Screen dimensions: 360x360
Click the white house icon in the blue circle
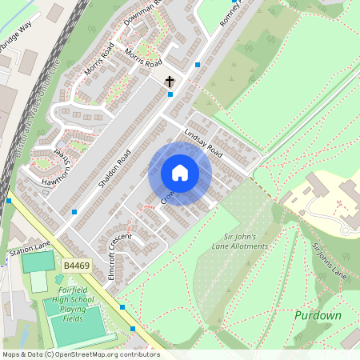pos(180,173)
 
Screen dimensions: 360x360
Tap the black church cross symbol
pos(170,82)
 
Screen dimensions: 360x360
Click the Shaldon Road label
pos(114,168)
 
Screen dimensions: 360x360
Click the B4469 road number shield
pos(74,264)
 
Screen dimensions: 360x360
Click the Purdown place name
pos(318,315)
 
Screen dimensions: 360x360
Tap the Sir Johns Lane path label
pos(329,260)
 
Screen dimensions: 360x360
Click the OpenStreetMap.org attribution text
pos(80,354)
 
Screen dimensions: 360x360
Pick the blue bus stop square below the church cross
pos(170,94)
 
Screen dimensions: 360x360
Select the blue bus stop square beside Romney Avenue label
pos(198,64)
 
